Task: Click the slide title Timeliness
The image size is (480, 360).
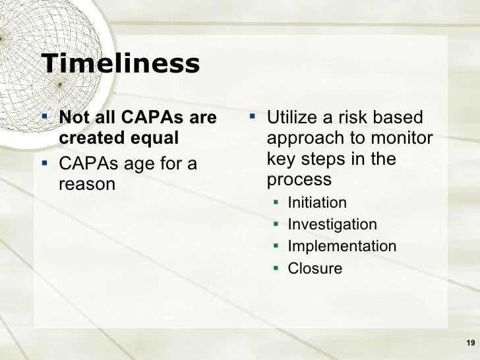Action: pyautogui.click(x=120, y=64)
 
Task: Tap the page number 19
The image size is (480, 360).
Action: pyautogui.click(x=470, y=342)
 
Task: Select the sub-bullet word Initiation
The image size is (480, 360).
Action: pyautogui.click(x=317, y=202)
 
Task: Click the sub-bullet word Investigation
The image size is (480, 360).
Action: pyautogui.click(x=332, y=225)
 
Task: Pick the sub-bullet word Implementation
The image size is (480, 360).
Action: pyautogui.click(x=342, y=247)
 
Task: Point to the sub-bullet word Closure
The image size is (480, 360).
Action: pyautogui.click(x=315, y=268)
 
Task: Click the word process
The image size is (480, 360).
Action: pyautogui.click(x=299, y=180)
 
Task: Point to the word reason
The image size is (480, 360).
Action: pyautogui.click(x=87, y=184)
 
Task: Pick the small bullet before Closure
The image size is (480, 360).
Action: pyautogui.click(x=277, y=268)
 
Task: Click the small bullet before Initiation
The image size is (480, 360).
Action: pyautogui.click(x=277, y=202)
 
